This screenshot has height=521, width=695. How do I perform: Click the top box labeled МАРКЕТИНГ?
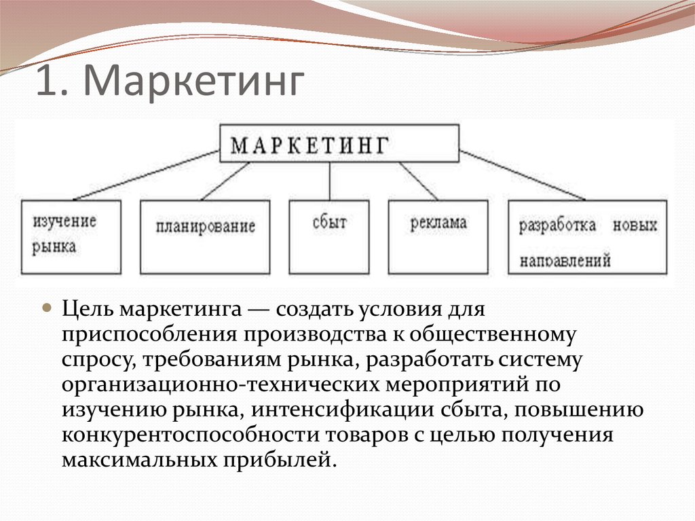click(x=339, y=143)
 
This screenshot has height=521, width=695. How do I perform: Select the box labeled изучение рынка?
click(x=71, y=237)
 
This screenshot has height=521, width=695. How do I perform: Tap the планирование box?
click(x=205, y=237)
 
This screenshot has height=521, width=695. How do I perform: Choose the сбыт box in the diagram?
click(x=329, y=237)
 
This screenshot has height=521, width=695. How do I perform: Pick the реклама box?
click(x=438, y=237)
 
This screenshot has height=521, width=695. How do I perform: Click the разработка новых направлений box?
click(x=587, y=237)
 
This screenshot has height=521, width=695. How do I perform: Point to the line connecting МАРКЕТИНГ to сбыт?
click(x=330, y=181)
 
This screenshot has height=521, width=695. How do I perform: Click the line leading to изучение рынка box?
click(x=147, y=175)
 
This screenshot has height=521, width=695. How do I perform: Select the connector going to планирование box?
click(x=225, y=181)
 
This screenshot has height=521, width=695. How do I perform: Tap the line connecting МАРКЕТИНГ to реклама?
click(x=418, y=181)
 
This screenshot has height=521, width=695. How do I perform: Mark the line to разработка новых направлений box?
click(x=522, y=175)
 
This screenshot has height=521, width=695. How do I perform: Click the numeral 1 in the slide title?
click(x=48, y=80)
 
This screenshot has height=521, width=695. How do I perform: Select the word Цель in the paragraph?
click(x=88, y=309)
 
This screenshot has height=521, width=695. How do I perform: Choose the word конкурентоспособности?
click(x=190, y=435)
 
